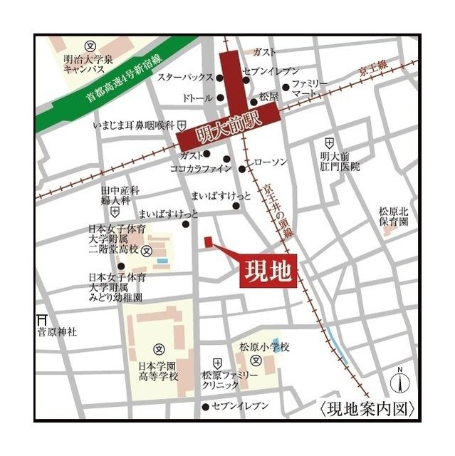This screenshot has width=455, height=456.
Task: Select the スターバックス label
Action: click(185, 76)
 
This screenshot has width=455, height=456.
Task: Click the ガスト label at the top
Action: click(264, 52)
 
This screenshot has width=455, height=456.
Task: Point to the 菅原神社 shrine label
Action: click(57, 331)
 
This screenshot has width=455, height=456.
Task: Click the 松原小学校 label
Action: click(264, 347)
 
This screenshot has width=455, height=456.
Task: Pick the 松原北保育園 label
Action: click(394, 217)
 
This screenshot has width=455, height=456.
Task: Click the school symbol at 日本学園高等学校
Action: click(159, 350)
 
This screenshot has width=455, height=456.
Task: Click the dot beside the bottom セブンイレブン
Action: click(206, 407)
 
